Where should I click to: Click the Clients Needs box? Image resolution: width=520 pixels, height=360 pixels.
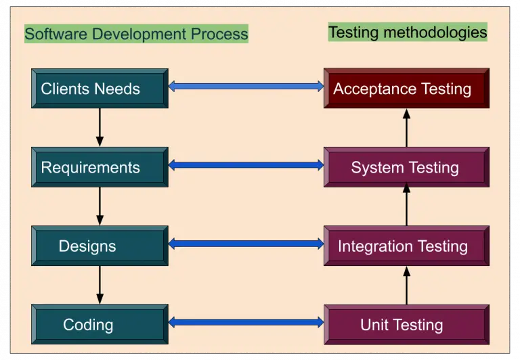coord(100,89)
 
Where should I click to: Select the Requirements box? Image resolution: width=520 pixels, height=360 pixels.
coord(100,167)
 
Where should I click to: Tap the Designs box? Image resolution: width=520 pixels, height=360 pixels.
coord(100,246)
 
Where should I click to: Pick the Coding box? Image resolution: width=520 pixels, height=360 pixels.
coord(100,324)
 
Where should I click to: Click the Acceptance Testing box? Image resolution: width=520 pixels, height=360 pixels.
coord(406,89)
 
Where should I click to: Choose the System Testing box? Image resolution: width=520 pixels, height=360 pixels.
coord(406,167)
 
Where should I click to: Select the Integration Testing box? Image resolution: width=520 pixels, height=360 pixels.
coord(406,246)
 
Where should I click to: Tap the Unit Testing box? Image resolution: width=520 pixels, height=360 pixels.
coord(406,324)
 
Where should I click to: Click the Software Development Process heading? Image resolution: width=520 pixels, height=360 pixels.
coord(136,33)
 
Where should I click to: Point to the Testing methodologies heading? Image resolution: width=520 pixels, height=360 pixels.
coord(408,32)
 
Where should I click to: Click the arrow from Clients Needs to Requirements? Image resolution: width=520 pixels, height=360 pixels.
coord(100,127)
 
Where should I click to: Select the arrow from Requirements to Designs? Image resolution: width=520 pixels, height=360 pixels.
coord(100,206)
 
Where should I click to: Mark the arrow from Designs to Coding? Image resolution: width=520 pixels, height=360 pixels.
coord(100,284)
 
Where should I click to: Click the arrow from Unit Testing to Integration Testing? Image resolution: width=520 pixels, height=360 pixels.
coord(407,285)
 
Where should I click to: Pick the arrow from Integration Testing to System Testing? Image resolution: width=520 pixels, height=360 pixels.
coord(407,206)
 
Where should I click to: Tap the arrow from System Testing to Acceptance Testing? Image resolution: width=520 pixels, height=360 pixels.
coord(407,128)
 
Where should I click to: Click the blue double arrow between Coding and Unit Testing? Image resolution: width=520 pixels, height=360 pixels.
coord(246,322)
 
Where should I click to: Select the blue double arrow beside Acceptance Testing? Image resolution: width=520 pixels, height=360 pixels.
coord(246,86)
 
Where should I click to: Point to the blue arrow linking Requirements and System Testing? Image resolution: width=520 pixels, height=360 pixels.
coord(246,164)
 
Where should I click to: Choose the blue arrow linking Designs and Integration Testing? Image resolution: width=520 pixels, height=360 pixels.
coord(246,243)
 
